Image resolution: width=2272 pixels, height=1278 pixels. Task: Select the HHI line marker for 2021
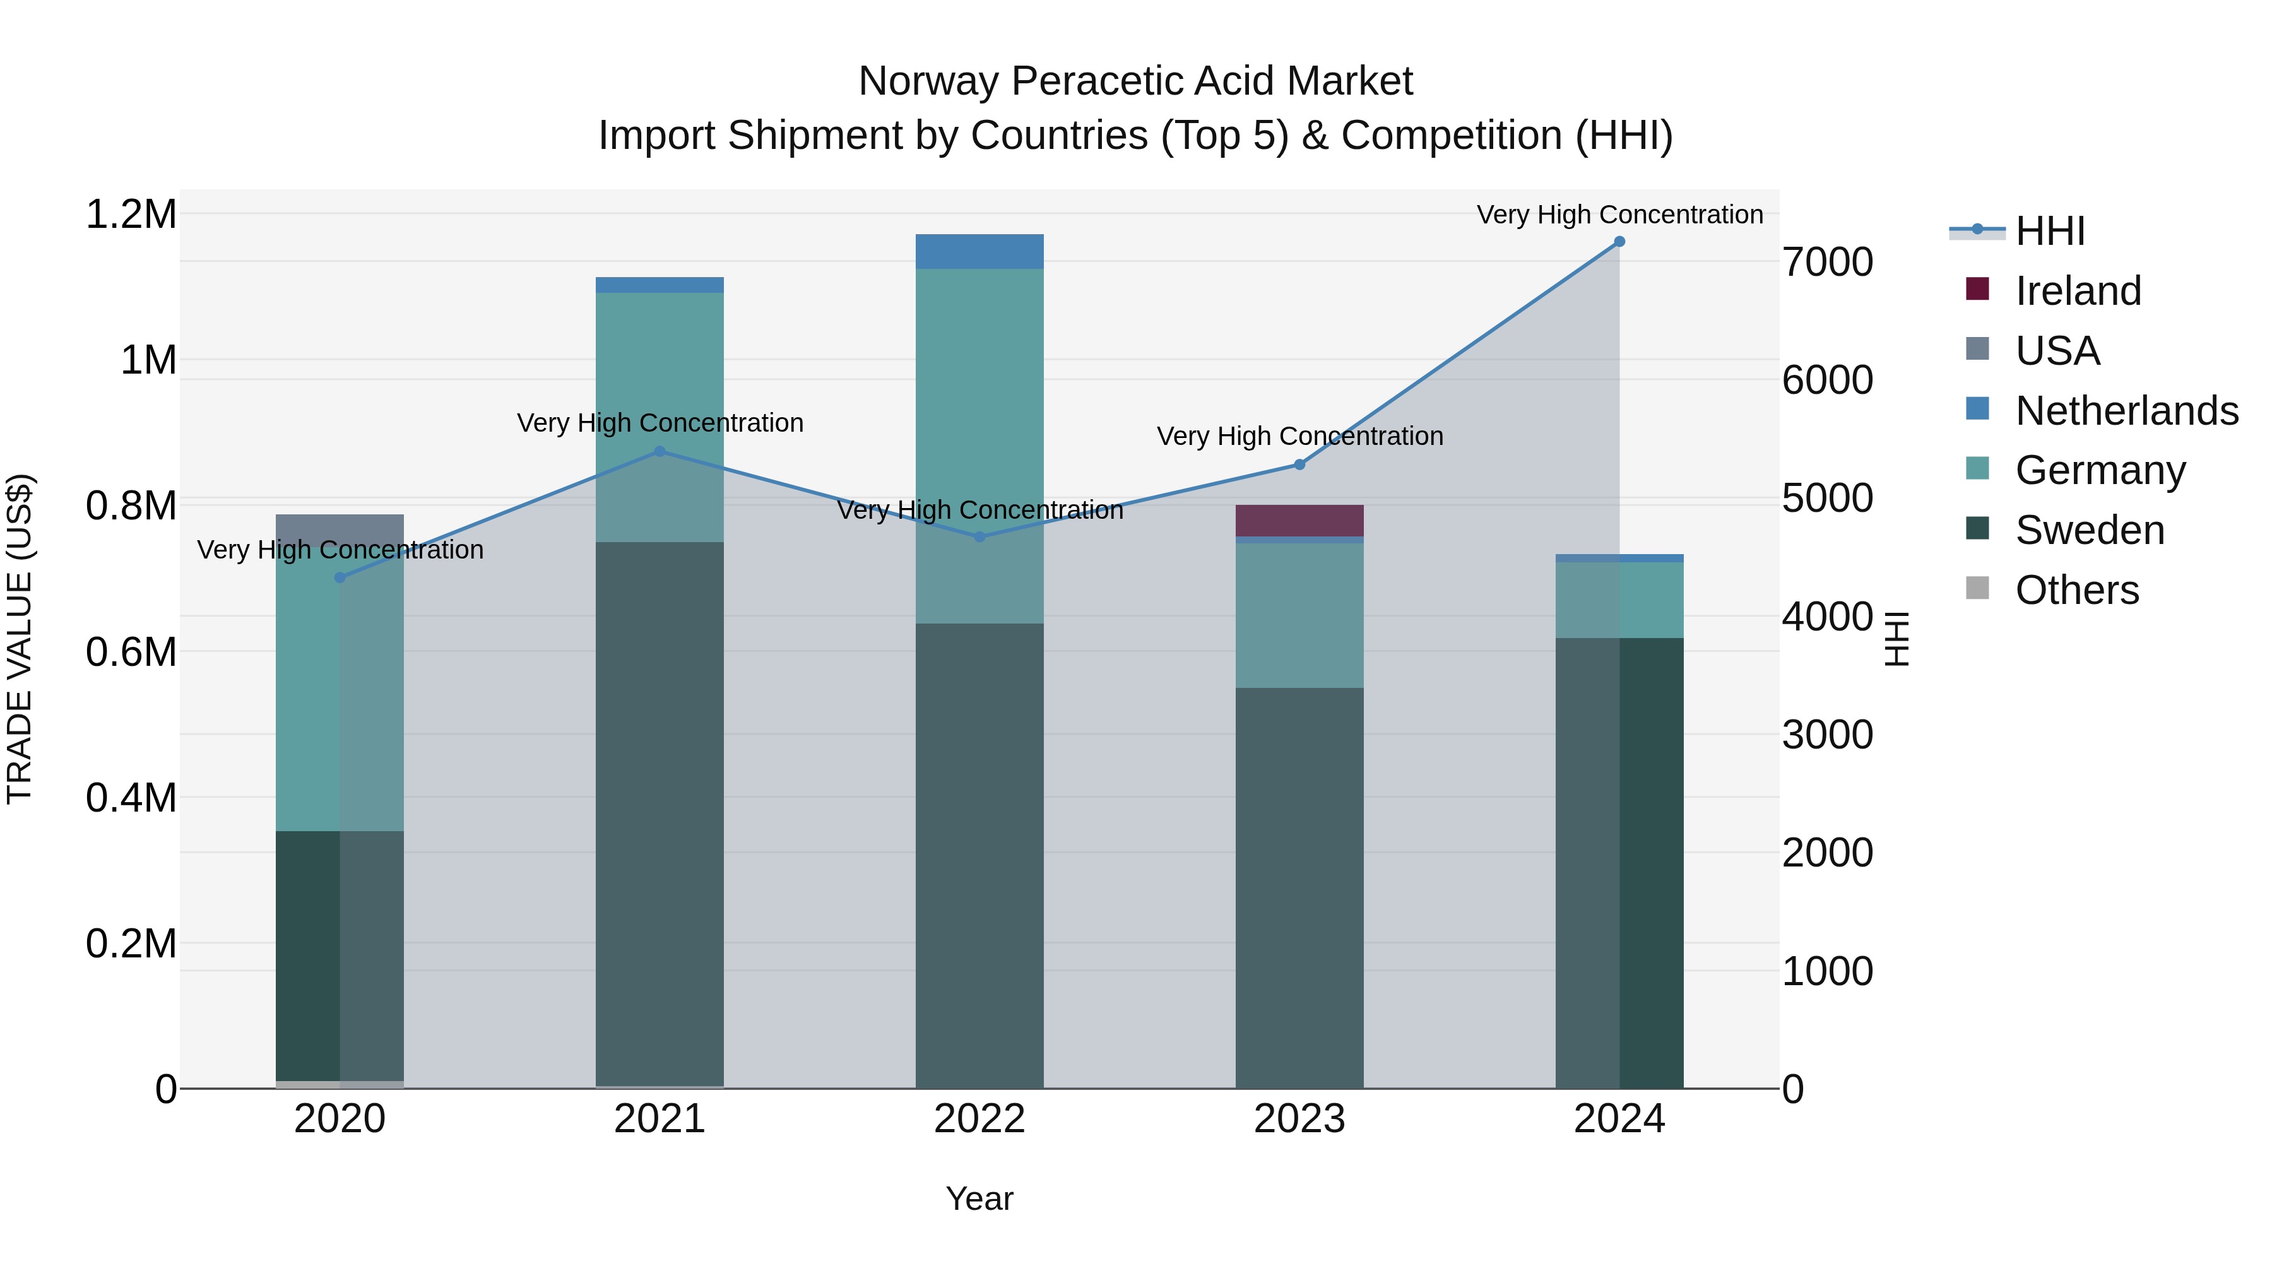660,452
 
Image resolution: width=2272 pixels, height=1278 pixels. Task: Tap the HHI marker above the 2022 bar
979,536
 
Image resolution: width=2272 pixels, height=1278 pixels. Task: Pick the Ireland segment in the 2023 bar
1299,521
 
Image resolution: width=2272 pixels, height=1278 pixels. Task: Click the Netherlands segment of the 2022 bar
979,251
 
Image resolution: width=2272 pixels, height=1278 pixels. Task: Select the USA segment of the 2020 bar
340,530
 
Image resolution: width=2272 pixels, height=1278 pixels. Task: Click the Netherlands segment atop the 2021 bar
660,285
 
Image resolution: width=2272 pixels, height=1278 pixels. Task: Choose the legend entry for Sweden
2090,531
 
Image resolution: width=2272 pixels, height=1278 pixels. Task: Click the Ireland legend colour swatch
1977,289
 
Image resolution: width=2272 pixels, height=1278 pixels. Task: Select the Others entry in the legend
2076,590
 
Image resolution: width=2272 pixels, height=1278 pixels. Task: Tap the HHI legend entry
2050,231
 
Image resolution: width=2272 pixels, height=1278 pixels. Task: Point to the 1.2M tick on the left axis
131,215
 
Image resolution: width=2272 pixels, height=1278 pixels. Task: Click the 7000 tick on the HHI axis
1826,262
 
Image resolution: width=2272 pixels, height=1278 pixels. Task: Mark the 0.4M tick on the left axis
131,798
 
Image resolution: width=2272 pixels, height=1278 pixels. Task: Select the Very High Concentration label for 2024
1619,215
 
